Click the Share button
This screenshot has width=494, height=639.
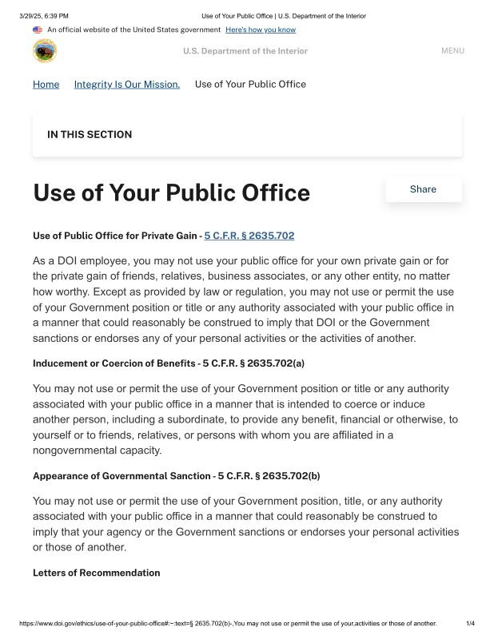[423, 189]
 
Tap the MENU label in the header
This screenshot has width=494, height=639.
[452, 51]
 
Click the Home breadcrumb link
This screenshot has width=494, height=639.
[46, 84]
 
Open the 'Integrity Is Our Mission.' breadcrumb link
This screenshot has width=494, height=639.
[127, 84]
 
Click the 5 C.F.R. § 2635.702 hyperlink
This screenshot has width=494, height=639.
[249, 236]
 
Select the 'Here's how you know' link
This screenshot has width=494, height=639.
[261, 30]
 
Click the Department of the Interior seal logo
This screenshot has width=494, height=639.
[45, 51]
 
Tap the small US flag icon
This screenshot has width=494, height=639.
[38, 30]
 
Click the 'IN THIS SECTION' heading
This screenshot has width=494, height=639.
[90, 134]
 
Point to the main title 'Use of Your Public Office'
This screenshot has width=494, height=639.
[171, 193]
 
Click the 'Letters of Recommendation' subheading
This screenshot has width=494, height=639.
[96, 573]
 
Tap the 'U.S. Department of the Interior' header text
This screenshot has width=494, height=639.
[245, 51]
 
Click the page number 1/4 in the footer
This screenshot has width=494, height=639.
[470, 623]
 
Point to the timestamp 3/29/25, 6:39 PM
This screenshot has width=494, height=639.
[44, 15]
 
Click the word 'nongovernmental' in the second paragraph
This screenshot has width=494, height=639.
[77, 450]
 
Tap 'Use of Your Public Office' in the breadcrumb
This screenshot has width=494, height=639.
[250, 84]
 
